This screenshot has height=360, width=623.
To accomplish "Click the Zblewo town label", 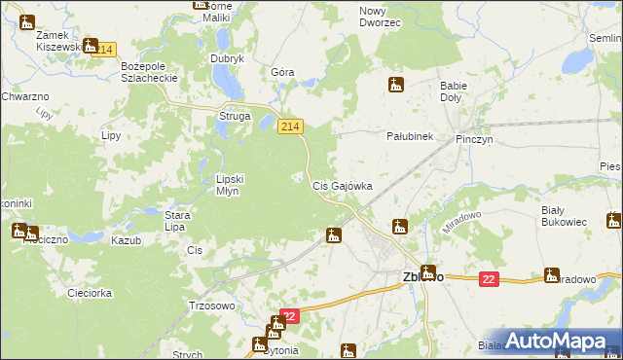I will click(x=422, y=276).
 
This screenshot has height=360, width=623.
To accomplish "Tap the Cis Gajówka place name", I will click(x=342, y=185).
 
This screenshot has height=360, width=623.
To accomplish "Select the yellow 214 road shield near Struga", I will click(x=291, y=126).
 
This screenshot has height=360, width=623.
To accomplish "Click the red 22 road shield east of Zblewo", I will click(x=489, y=279).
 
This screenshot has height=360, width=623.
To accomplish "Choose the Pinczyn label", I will click(x=476, y=140).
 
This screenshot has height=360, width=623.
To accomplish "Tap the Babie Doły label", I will click(x=455, y=91).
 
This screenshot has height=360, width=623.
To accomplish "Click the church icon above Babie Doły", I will click(x=395, y=85).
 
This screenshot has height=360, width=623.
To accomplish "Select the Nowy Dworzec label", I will click(x=380, y=16).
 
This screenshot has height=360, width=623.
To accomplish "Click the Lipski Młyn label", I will click(x=234, y=185).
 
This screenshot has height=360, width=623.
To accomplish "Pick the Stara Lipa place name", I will click(x=175, y=221).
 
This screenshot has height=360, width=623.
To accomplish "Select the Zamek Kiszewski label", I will click(x=56, y=40).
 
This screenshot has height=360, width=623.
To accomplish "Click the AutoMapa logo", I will click(x=558, y=341).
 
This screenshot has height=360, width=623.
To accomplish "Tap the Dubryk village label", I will click(x=227, y=58).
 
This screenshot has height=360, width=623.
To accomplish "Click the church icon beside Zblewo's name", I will click(x=429, y=272).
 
